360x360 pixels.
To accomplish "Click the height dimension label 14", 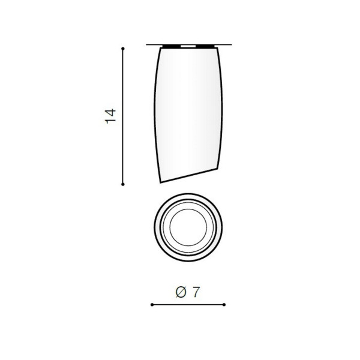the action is coord(110,116).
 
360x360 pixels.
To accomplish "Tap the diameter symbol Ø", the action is coord(181,292).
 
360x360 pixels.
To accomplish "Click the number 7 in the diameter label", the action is coord(196,292).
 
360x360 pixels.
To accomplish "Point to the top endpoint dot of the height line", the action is coord(123,49).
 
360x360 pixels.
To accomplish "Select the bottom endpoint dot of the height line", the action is coord(123,184).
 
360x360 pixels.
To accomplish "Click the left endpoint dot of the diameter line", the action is coord(152,305).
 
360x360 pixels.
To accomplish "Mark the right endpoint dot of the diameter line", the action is coord(224,305).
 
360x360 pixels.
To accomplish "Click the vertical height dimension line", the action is coord(123,116).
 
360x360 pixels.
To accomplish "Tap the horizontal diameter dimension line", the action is coord(188,305).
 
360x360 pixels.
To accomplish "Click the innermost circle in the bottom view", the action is coord(170,227).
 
